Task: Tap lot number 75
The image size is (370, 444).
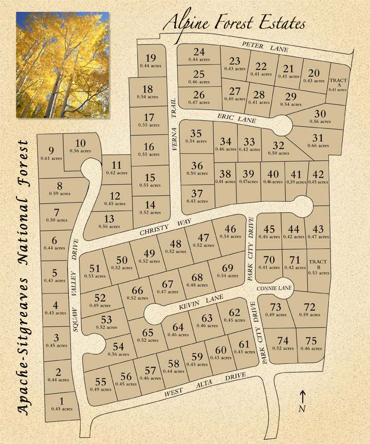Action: click(310, 343)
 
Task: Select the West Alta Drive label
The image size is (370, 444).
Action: click(205, 386)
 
